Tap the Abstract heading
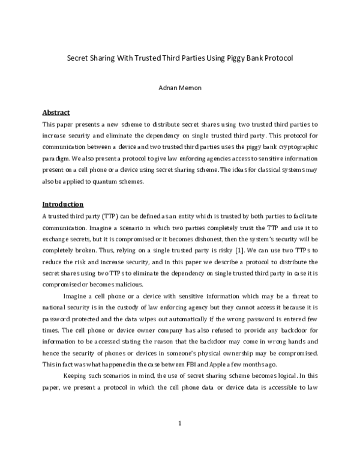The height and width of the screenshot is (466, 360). tap(56, 112)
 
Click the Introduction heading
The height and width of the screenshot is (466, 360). tap(63, 204)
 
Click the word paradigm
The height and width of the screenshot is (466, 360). tap(57, 159)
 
